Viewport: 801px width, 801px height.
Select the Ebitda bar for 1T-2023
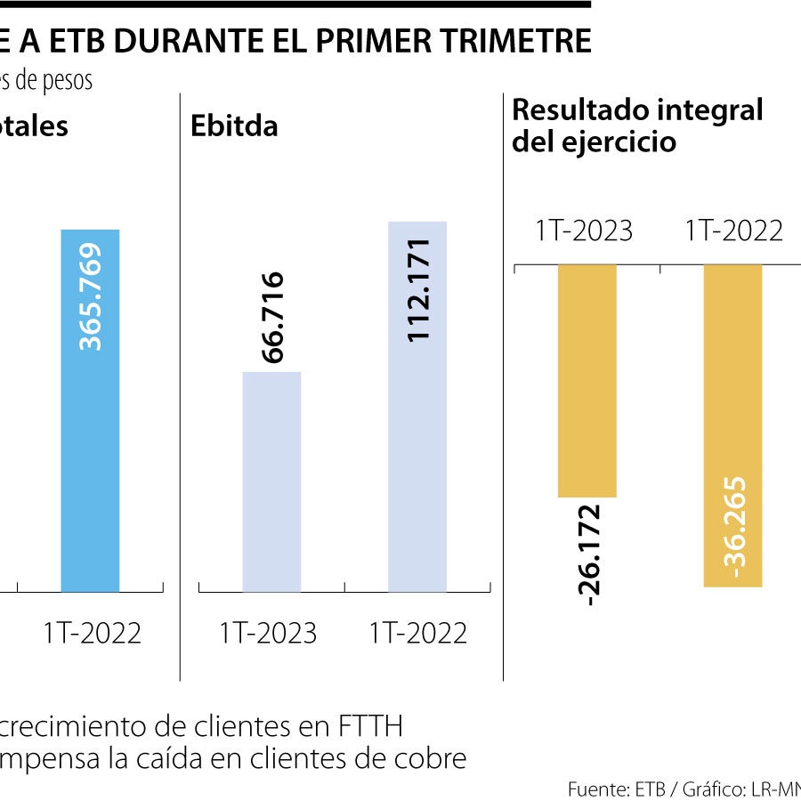271,481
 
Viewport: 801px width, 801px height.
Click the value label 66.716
272,317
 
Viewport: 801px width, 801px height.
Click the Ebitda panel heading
234,125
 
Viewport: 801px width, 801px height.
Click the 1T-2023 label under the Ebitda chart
268,633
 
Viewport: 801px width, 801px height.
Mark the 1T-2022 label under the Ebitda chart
417,633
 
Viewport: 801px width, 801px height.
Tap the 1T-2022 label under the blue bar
92,633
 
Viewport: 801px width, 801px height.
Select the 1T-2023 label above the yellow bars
583,231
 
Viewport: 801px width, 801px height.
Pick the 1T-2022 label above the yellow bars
733,231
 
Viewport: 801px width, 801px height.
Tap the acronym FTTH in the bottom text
370,727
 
